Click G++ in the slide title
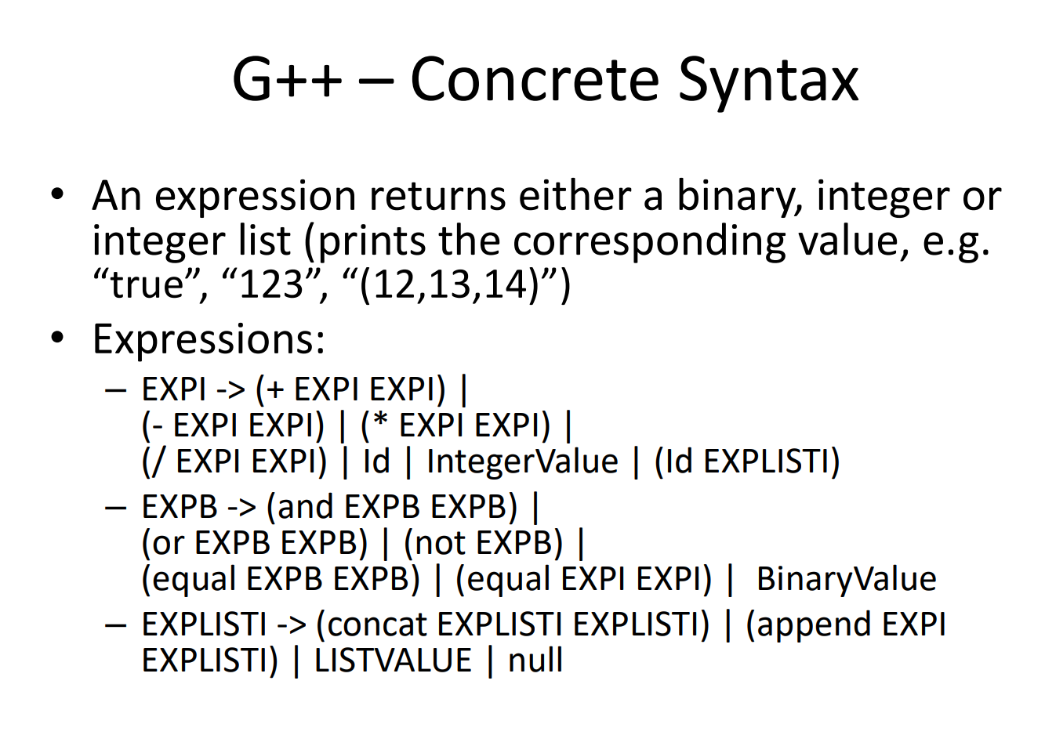click(x=287, y=80)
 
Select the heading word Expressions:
click(x=209, y=340)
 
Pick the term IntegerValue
click(x=522, y=462)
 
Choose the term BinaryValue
click(x=846, y=579)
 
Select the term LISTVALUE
click(x=393, y=661)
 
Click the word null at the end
click(x=535, y=661)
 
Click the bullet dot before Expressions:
click(x=57, y=338)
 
